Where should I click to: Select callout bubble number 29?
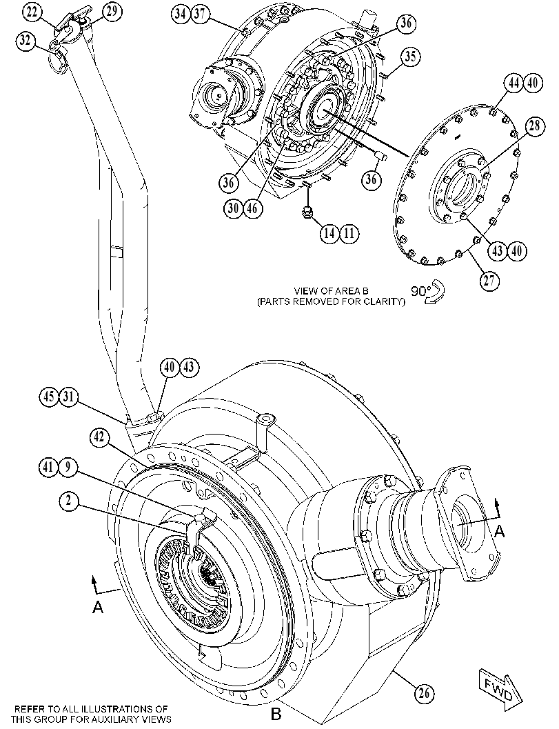coord(112,12)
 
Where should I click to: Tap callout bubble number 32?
coord(25,41)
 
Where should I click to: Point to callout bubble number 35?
coord(410,57)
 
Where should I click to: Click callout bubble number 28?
coord(535,126)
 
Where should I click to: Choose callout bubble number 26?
coord(424,694)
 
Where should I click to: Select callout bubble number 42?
coord(99,437)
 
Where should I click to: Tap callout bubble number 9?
coord(68,467)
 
